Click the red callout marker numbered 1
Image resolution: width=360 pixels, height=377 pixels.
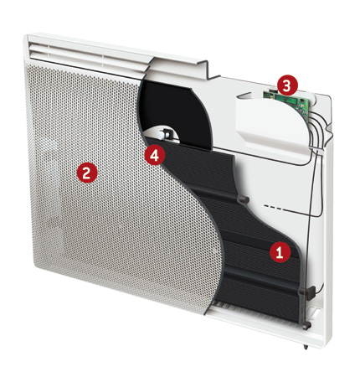pyautogui.click(x=280, y=252)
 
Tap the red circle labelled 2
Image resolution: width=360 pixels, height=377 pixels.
pyautogui.click(x=87, y=173)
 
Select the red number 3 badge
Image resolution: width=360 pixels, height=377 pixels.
pyautogui.click(x=287, y=86)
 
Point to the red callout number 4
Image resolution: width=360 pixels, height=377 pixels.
pyautogui.click(x=154, y=155)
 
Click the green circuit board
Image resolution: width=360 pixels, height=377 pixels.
pyautogui.click(x=287, y=101)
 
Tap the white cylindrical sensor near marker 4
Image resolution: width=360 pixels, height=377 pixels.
pyautogui.click(x=162, y=135)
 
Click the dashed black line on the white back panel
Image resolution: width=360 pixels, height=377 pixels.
pyautogui.click(x=274, y=208)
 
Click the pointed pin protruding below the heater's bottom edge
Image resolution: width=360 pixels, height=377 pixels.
pyautogui.click(x=306, y=348)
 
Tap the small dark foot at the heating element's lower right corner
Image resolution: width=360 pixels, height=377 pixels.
pyautogui.click(x=306, y=325)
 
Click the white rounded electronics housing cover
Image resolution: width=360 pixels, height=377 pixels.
pyautogui.click(x=270, y=120)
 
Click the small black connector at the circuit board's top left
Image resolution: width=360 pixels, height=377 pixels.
pyautogui.click(x=273, y=91)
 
